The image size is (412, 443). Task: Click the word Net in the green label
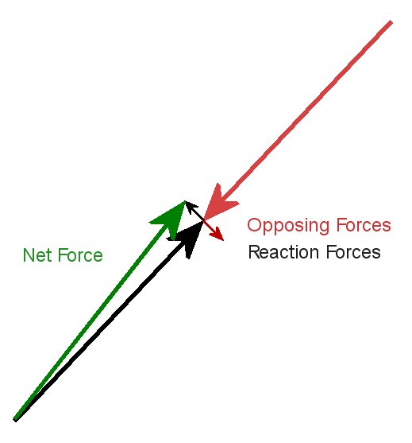38,255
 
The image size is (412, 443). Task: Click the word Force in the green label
80,255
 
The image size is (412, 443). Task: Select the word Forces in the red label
364,225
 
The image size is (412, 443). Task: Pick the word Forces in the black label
353,252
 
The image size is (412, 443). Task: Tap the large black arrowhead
187,239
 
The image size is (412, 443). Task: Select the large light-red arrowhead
220,202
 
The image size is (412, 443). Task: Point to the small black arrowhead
190,206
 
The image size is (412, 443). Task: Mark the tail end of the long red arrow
391,22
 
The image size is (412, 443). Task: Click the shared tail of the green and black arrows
16,419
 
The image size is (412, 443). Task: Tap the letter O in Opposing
255,225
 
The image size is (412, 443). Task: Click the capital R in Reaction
255,252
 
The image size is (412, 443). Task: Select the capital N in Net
29,255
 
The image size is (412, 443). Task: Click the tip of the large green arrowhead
185,201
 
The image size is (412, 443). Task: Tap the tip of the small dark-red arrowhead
224,241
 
